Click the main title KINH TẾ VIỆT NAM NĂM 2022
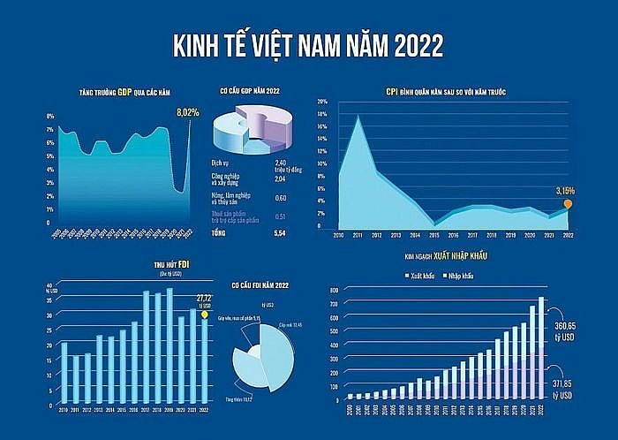(x=308, y=44)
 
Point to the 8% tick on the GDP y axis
(x=50, y=117)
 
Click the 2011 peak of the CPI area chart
(x=358, y=116)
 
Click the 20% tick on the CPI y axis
(x=322, y=102)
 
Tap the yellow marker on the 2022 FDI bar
(x=204, y=314)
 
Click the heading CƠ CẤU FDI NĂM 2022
(x=260, y=284)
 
